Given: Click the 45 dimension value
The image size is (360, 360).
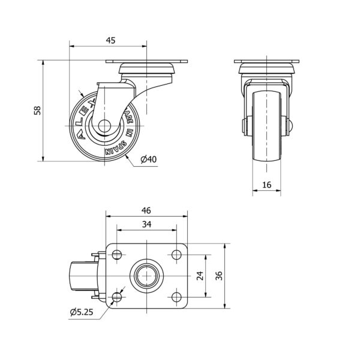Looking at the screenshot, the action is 110,40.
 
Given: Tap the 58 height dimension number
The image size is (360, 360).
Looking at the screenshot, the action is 37,110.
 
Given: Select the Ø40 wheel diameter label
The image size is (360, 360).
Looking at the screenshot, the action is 149,159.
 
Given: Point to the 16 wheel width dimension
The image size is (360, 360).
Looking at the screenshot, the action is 266,185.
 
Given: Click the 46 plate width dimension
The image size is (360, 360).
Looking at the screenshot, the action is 146,211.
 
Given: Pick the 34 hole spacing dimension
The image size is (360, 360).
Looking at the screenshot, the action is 146,224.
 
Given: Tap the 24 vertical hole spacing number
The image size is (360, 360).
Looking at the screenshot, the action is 200,276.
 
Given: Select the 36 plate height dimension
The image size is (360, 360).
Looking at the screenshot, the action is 219,276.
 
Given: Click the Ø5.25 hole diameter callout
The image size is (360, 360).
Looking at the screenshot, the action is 82,312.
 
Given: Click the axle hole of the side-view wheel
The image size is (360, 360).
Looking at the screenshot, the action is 104,126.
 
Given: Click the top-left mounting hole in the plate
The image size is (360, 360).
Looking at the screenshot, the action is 117,254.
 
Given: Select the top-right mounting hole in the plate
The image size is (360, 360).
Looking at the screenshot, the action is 176,254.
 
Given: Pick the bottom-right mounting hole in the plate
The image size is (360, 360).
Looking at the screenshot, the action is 176,297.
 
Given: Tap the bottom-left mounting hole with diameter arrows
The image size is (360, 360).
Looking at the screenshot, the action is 117,297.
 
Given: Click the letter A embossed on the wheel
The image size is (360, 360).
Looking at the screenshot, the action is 81,136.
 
